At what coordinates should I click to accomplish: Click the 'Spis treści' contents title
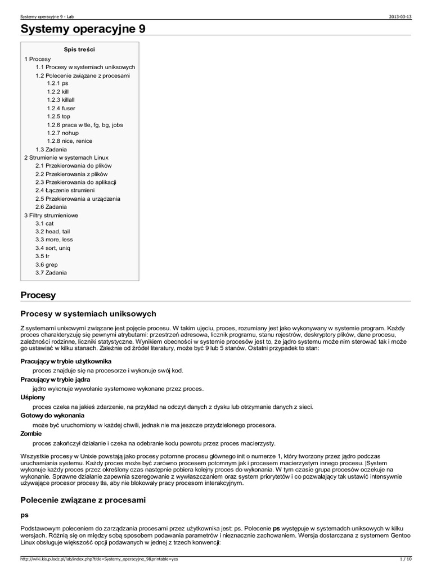click(79, 49)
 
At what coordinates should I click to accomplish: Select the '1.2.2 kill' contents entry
click(58, 91)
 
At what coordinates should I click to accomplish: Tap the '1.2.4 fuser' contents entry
click(61, 108)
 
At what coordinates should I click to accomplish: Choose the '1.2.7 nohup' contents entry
click(62, 133)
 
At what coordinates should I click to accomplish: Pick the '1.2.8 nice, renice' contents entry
click(70, 141)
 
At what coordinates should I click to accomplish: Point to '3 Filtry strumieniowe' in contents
click(51, 215)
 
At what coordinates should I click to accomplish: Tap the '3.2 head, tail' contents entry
click(52, 232)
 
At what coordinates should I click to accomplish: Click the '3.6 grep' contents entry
click(46, 264)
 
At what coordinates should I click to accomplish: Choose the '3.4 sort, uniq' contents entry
click(53, 248)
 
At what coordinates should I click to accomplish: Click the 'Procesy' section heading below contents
click(38, 295)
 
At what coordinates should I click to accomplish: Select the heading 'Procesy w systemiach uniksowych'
click(88, 313)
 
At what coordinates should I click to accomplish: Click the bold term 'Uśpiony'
click(33, 397)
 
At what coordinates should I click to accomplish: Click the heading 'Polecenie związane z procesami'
click(83, 499)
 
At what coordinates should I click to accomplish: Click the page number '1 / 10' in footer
click(405, 559)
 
